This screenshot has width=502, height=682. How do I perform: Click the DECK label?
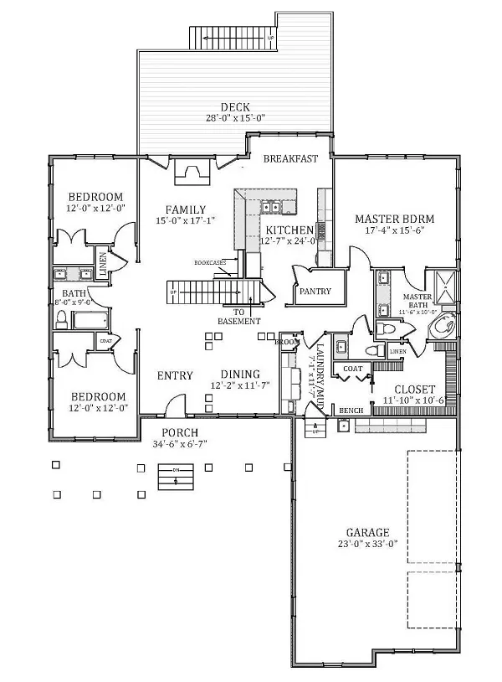[x=231, y=106]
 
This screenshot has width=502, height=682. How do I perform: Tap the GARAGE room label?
[x=368, y=532]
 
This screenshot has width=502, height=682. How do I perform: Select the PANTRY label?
[x=315, y=292]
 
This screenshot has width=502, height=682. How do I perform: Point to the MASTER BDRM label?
[x=394, y=216]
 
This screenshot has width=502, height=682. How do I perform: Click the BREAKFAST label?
[x=290, y=158]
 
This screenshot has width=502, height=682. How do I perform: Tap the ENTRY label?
[x=175, y=375]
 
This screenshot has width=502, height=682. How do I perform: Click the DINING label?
[x=240, y=375]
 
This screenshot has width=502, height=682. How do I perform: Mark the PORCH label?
[x=178, y=432]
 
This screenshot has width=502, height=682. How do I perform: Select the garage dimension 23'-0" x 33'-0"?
[x=368, y=544]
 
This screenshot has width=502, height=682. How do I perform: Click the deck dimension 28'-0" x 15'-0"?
[x=231, y=118]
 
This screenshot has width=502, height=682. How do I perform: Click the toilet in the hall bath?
[x=62, y=319]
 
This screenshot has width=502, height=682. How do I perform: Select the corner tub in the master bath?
[x=443, y=326]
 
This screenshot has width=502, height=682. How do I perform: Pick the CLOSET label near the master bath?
[x=414, y=390]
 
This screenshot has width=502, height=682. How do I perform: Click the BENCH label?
[x=349, y=411]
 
